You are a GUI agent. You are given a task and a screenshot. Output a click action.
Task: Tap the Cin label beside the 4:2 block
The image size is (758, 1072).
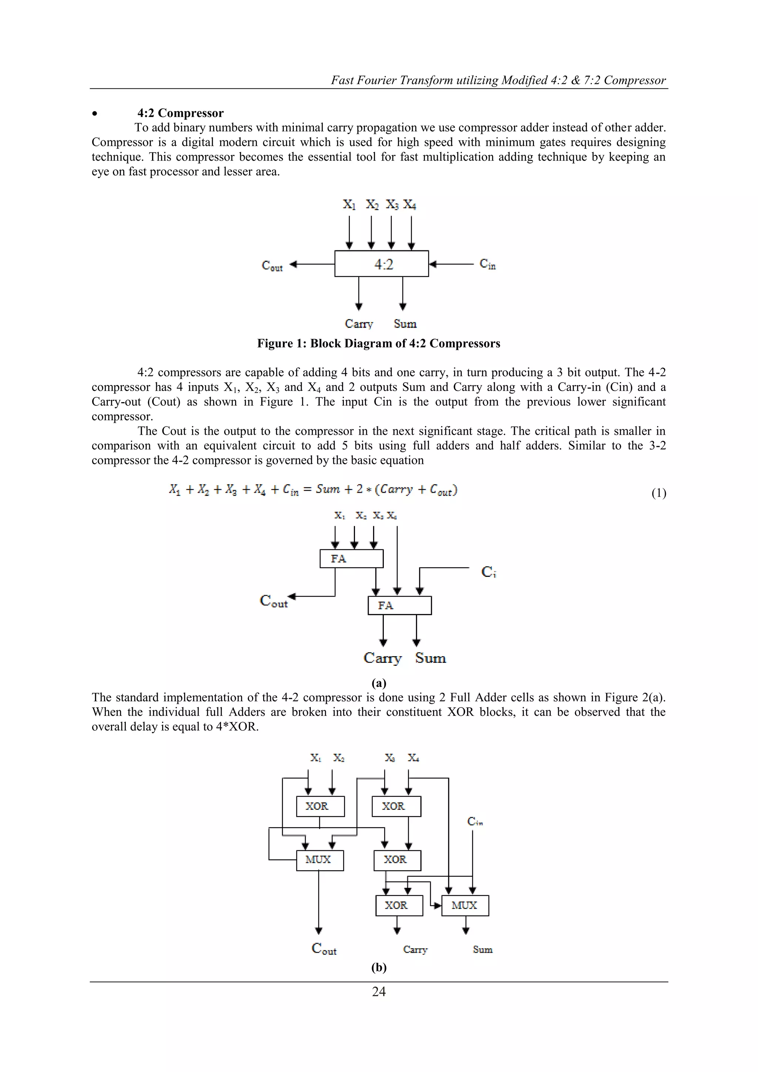[x=487, y=264]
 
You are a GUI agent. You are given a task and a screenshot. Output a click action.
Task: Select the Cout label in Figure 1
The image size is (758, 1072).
[x=272, y=266]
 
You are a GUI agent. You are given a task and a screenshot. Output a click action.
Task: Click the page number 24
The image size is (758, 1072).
[x=379, y=991]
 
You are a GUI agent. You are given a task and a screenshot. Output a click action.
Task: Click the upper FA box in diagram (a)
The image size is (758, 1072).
[x=351, y=558]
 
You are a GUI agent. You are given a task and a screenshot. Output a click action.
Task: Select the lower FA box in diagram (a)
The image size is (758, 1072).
[x=399, y=605]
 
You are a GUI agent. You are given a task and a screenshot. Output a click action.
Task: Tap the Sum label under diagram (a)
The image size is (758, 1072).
[x=430, y=658]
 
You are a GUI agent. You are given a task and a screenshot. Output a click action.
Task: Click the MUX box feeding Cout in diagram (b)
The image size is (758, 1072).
[x=320, y=860]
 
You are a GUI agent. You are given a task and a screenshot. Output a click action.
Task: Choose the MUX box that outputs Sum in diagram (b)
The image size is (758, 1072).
[x=465, y=905]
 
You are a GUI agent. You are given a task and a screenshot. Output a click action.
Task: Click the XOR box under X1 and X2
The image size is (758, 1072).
[x=320, y=806]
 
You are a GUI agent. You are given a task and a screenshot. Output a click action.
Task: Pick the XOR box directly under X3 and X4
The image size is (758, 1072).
[x=396, y=806]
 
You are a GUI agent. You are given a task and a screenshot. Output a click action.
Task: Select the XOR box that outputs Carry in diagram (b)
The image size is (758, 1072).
[x=399, y=905]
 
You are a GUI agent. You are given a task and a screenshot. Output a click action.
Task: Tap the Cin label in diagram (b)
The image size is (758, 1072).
[x=475, y=821]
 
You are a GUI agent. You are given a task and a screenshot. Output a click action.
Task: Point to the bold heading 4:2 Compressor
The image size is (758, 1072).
[x=180, y=113]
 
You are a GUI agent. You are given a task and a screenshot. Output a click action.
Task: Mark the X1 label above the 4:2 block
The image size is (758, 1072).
[x=349, y=204]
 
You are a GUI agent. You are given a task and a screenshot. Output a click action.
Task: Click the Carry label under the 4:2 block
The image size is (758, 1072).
[x=359, y=324]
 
